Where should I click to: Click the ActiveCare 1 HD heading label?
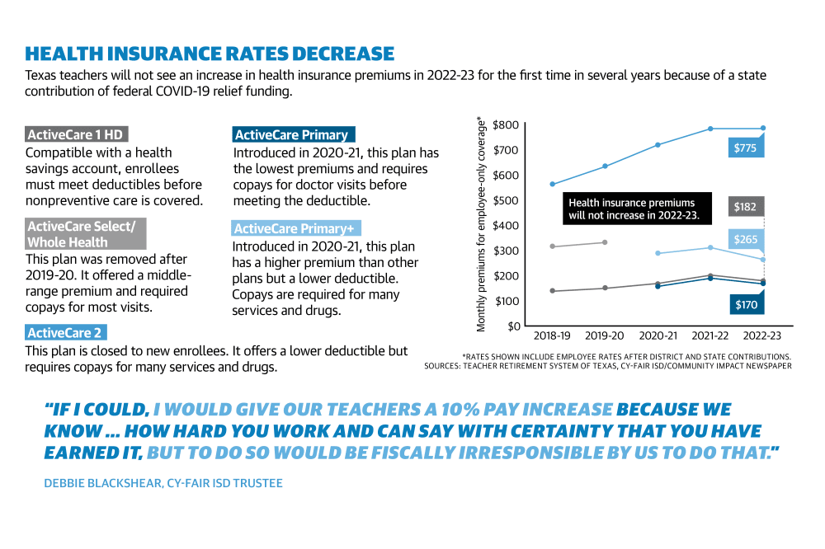coord(76,134)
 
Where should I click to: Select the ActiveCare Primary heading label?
coord(294,134)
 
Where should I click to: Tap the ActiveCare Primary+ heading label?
coord(296,228)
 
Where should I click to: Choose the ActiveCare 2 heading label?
coord(66,332)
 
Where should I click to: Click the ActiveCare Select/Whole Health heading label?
coord(85,234)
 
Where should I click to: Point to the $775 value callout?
coord(746,148)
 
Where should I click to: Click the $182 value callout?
coord(746,207)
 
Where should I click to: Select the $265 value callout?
coord(746,239)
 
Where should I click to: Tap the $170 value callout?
coord(747,304)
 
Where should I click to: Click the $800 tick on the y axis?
coord(507,125)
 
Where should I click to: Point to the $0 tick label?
coord(514,326)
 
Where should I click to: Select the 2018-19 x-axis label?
coord(552,335)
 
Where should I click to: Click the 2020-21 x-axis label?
coord(658,335)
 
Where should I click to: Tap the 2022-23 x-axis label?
coord(762,335)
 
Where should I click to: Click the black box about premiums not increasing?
coord(637,209)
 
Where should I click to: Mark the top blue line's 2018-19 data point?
coord(552,184)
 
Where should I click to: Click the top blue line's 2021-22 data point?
coord(710,129)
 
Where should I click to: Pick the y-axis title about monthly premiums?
coord(480,224)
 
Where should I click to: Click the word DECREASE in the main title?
coord(342,54)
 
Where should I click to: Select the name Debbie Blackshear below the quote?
coord(103,483)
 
